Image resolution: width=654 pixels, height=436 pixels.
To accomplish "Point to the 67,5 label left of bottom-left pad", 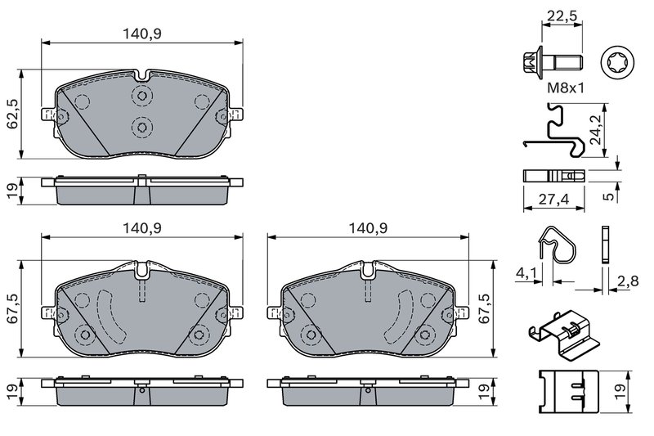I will coord(11,308).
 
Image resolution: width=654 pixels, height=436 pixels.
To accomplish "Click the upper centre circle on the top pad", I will coord(141,97).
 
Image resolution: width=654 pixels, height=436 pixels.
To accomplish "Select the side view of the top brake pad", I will coord(141,191).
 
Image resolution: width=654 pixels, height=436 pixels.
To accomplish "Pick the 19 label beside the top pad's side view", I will coord(11,190).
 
